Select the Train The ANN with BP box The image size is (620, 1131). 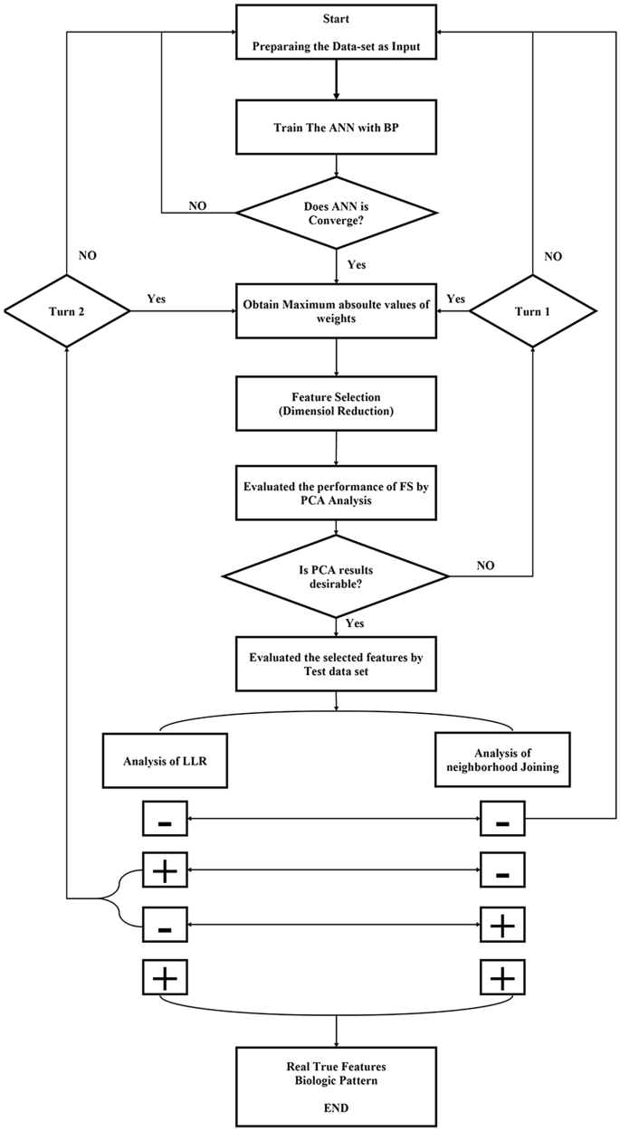tap(337, 127)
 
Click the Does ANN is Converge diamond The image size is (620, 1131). tap(337, 214)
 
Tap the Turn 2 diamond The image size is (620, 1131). tap(66, 312)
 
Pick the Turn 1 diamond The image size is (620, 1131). tap(532, 312)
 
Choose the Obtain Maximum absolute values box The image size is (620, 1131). tap(337, 312)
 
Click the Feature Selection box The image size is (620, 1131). tap(337, 404)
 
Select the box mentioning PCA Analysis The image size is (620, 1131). tap(337, 494)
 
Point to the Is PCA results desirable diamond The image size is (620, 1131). tap(337, 575)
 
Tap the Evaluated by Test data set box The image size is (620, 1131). tap(337, 663)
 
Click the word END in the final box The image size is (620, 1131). tap(337, 1105)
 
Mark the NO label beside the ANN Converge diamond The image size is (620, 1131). tap(197, 205)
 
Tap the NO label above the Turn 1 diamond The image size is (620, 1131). tap(553, 256)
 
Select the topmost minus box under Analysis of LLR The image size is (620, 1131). tap(164, 822)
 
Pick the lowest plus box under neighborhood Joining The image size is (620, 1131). tap(502, 977)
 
